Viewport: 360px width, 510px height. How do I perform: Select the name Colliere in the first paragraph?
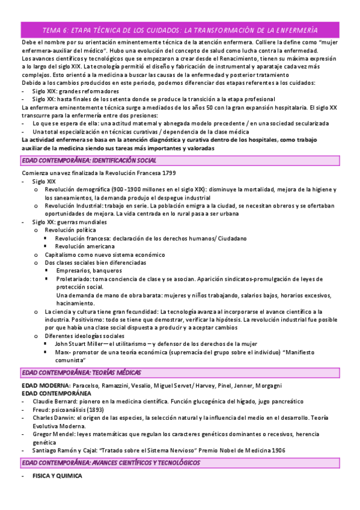(270, 43)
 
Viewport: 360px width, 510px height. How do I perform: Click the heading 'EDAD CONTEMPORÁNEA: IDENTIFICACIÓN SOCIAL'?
(89, 161)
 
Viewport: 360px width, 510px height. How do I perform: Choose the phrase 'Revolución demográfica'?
(76, 189)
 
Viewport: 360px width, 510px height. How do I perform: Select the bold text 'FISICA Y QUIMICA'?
(56, 476)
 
